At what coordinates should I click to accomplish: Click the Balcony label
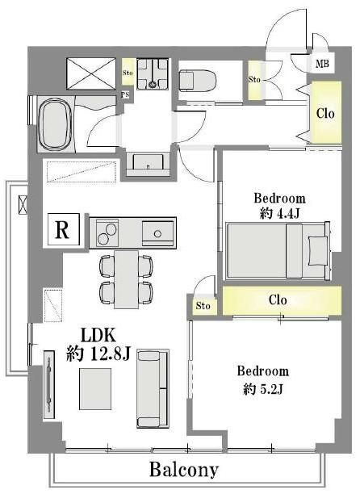coord(184,470)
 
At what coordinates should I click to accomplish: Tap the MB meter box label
coord(322,64)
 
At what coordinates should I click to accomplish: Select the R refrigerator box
coord(63,229)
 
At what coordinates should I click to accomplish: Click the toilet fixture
coord(198,81)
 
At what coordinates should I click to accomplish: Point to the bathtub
coord(54,124)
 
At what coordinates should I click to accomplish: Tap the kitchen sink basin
coord(157,233)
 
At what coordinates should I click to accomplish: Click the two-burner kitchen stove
coord(107,233)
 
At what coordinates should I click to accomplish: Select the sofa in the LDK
coord(153,388)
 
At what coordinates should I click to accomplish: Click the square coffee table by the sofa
coord(95,389)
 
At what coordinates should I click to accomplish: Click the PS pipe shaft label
coord(125,94)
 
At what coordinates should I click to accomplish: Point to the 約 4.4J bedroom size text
coord(279,214)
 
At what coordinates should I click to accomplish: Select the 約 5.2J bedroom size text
coord(263,389)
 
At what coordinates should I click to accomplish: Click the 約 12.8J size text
coord(98,354)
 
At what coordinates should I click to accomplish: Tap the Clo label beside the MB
coord(325,113)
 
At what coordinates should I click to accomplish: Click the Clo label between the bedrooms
coord(278,299)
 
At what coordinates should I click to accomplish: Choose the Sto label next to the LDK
coord(203,306)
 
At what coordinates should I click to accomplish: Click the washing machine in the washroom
coord(153,74)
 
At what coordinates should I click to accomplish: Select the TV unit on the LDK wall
coord(48,385)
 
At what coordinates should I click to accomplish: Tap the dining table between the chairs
coord(126,279)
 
